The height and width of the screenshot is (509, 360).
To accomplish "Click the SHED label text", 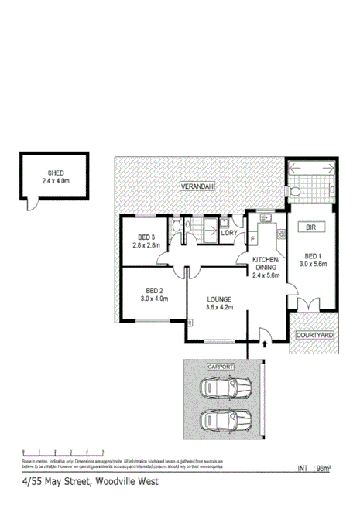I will [x=55, y=173].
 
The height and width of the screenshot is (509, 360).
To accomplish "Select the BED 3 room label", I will [x=147, y=237].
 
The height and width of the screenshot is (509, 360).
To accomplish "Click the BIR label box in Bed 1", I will [x=311, y=227].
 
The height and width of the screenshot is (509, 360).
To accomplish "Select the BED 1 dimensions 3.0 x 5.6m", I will [x=314, y=264].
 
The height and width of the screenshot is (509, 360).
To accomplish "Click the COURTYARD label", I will [x=315, y=336].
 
